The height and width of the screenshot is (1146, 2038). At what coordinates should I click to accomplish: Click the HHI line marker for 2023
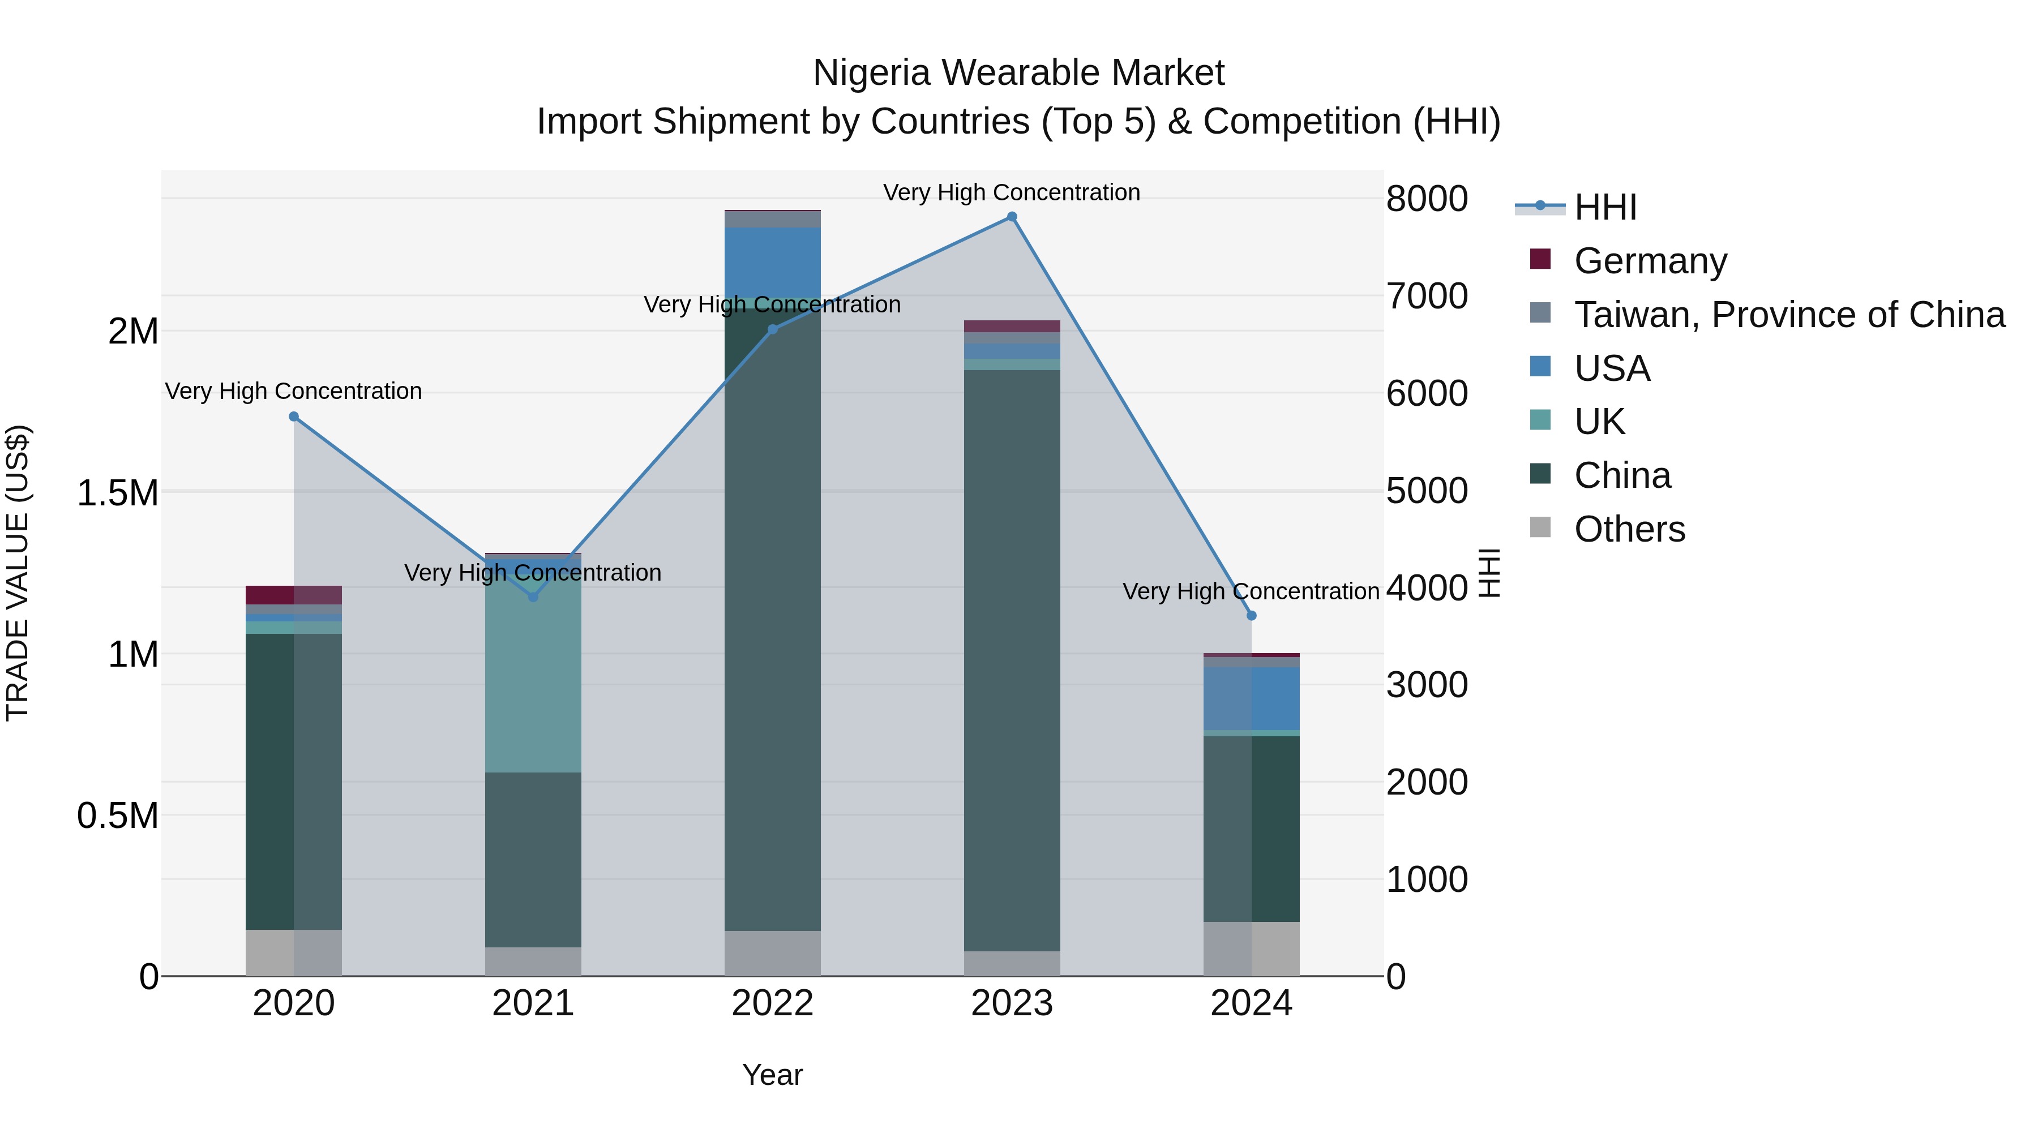coord(1012,217)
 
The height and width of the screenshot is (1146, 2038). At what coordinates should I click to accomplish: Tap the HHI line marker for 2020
coord(293,416)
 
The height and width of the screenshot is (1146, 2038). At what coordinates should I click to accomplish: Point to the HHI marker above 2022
coord(773,329)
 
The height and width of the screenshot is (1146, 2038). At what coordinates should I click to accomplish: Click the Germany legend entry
coord(1650,260)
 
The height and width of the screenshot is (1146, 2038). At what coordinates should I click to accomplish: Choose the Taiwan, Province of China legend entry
coord(1789,314)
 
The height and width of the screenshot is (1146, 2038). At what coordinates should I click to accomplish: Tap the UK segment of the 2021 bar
coord(533,672)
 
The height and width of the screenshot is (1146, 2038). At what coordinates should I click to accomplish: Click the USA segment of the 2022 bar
coord(772,262)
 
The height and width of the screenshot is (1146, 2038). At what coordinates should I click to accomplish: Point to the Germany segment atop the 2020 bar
coord(293,595)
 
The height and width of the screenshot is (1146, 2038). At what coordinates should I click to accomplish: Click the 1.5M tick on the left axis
coord(117,493)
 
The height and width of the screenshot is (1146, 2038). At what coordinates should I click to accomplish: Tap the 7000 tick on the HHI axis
coord(1427,297)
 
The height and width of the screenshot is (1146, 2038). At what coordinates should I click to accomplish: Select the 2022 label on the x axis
coord(772,1003)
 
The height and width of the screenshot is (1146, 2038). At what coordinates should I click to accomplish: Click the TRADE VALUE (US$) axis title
coord(18,573)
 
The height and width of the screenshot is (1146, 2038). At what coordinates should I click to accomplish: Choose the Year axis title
coord(772,1075)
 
